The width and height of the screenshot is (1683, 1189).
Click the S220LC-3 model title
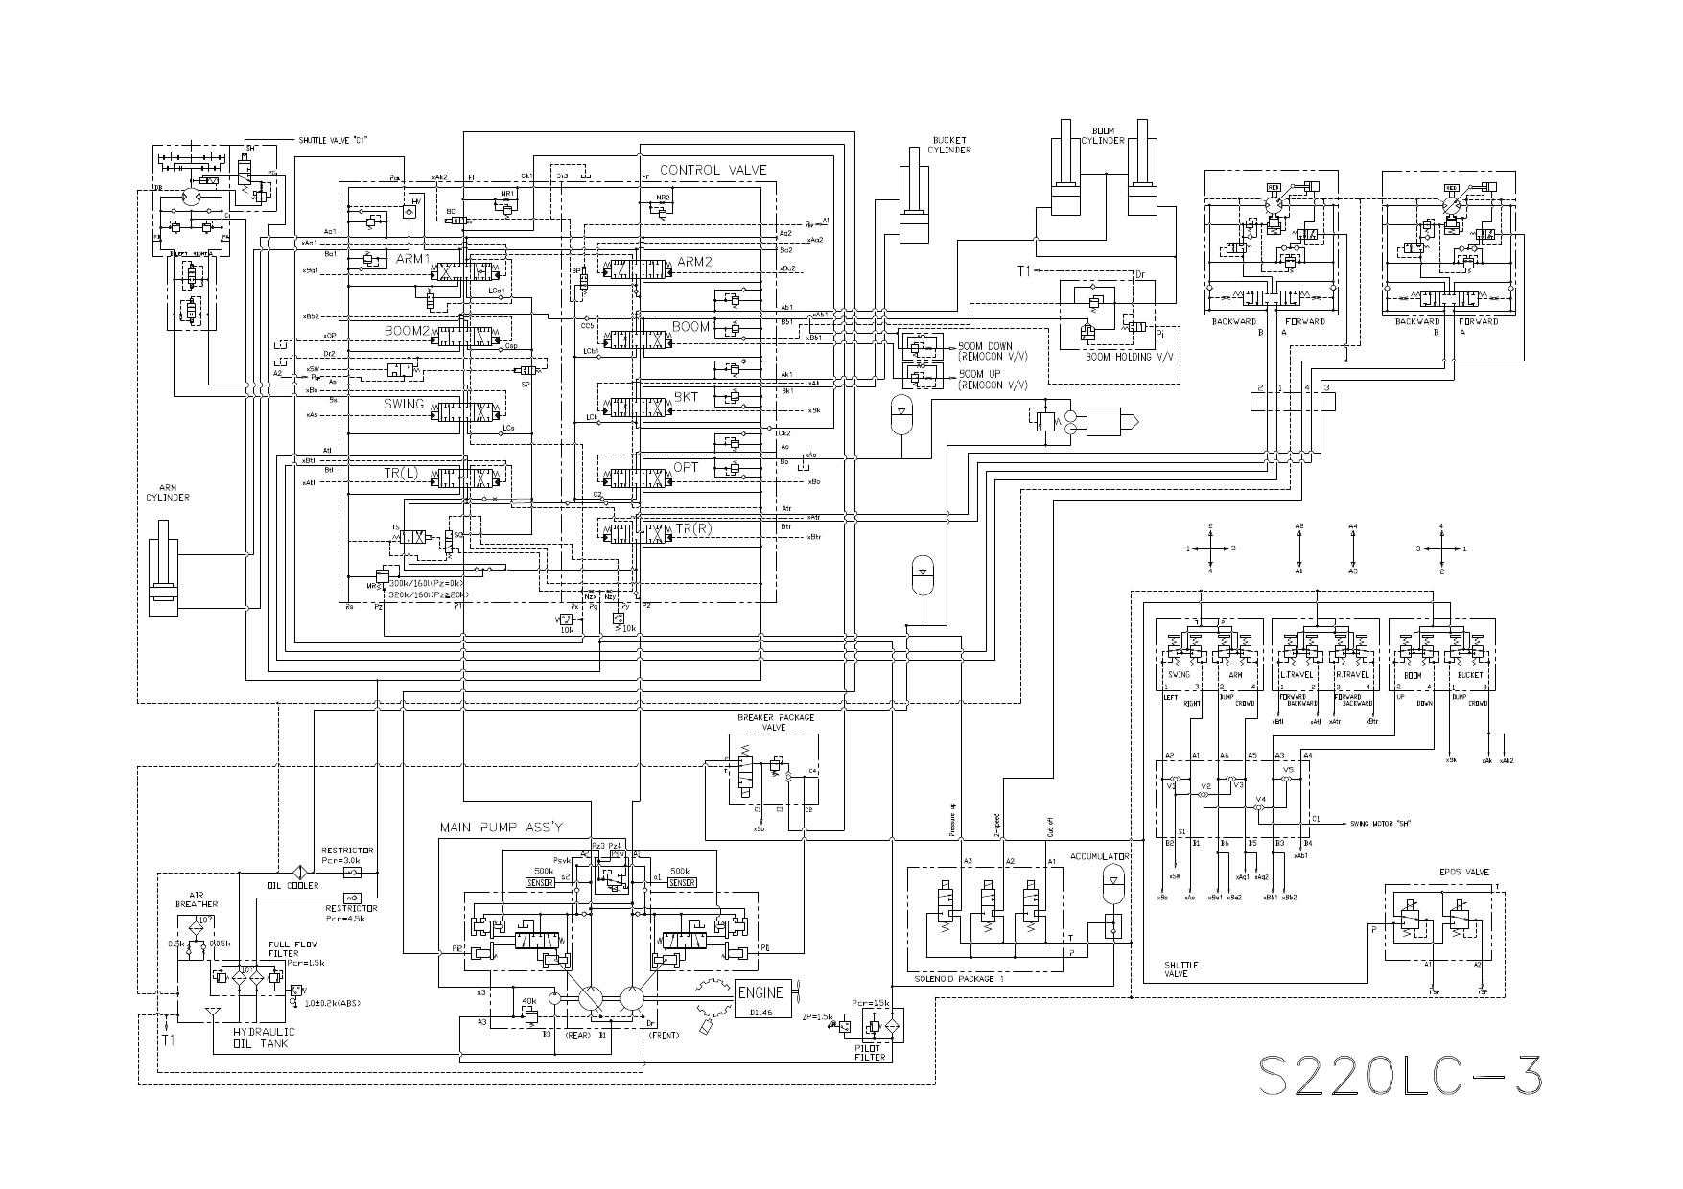pos(1400,1076)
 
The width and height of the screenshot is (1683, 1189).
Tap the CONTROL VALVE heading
pos(713,171)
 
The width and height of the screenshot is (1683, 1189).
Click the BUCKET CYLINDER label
pos(951,145)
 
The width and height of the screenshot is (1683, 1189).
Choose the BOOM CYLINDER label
pos(1103,135)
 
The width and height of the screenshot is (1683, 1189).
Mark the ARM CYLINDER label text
pos(168,492)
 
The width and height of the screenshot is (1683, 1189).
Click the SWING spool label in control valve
pos(404,404)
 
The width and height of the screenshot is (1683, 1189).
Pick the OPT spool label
pos(686,467)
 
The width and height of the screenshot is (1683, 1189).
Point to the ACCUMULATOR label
pos(1100,856)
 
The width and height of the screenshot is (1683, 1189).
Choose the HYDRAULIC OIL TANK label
pos(264,1037)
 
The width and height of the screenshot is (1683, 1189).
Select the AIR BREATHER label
pos(197,899)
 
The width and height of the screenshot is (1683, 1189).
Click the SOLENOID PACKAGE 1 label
pos(959,979)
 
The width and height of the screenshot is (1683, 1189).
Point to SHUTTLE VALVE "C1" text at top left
pos(333,141)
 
